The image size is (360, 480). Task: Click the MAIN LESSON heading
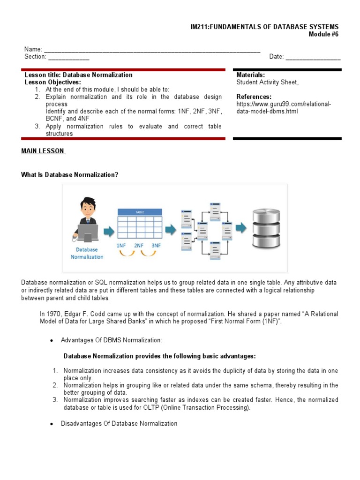tap(43, 151)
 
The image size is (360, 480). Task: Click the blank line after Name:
tap(152, 50)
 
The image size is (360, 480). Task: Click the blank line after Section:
tap(68, 57)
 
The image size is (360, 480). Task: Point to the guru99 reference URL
tap(284, 108)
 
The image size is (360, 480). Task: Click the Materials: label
tap(251, 75)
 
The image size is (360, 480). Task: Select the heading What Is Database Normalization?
tap(70, 175)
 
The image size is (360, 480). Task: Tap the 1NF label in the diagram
tap(121, 246)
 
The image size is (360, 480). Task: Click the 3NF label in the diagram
tap(156, 246)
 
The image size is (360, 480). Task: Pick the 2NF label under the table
tap(139, 246)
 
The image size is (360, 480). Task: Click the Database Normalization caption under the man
tap(87, 253)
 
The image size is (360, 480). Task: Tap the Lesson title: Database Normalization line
tap(78, 75)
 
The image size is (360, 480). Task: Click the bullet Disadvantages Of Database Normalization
tap(119, 423)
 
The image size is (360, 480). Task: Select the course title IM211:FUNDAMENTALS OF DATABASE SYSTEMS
tap(262, 27)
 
